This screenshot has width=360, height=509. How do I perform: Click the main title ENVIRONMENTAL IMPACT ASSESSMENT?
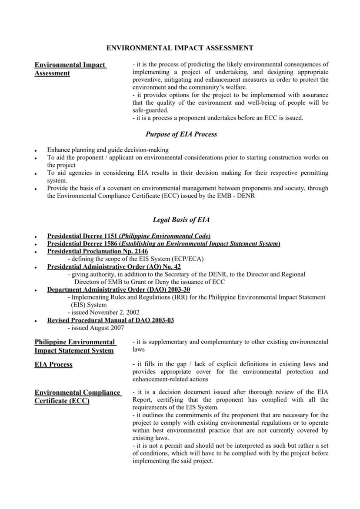tap(180, 48)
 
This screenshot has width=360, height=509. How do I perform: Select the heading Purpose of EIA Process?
tap(181, 134)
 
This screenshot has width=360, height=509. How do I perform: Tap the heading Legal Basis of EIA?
tap(181, 220)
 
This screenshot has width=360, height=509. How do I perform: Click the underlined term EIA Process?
tap(53, 365)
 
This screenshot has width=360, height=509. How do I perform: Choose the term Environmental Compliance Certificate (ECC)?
tap(77, 396)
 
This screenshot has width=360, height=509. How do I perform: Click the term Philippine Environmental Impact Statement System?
tap(74, 346)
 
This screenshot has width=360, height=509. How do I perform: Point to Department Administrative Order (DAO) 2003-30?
tap(118, 289)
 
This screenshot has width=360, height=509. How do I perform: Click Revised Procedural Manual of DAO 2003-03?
tap(110, 320)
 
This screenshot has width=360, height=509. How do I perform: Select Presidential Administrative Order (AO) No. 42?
tap(114, 266)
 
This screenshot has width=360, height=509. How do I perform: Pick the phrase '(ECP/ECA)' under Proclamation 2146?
tap(188, 259)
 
